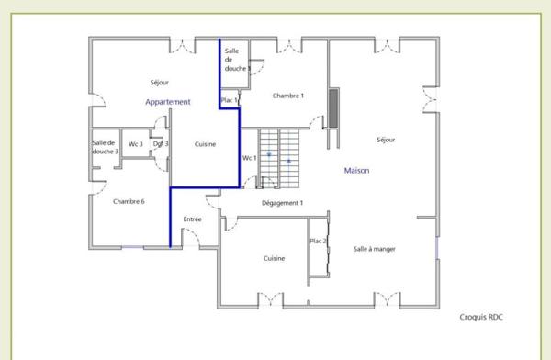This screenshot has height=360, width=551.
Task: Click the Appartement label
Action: coord(168,102)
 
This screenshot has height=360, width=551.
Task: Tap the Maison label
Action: coord(356,171)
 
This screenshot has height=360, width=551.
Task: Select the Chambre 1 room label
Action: coord(288,96)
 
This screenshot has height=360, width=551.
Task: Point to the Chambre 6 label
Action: coord(129,201)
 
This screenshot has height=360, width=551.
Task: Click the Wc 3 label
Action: coord(136,144)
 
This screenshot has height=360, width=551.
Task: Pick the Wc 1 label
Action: coord(250,158)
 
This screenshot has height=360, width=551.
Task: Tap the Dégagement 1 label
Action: coord(282,203)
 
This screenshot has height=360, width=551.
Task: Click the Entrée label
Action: coord(193,219)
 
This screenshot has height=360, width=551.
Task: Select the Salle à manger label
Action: coord(375,249)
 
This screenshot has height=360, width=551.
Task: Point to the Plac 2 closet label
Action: coord(318,242)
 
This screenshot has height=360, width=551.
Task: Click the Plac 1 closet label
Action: coord(229,100)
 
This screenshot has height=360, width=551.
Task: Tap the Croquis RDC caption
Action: coord(481,317)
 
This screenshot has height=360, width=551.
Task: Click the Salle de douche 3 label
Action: coord(105,147)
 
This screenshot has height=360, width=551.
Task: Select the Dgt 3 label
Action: coord(161,144)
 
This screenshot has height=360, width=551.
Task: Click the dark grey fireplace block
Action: coord(333,108)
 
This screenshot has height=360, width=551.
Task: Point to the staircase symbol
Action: coord(279,159)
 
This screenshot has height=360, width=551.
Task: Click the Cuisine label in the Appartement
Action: coord(205,144)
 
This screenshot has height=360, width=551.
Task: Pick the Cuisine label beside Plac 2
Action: coord(274,258)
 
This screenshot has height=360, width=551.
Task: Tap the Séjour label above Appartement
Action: coord(160,83)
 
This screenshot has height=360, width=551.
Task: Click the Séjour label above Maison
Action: coord(386,140)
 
